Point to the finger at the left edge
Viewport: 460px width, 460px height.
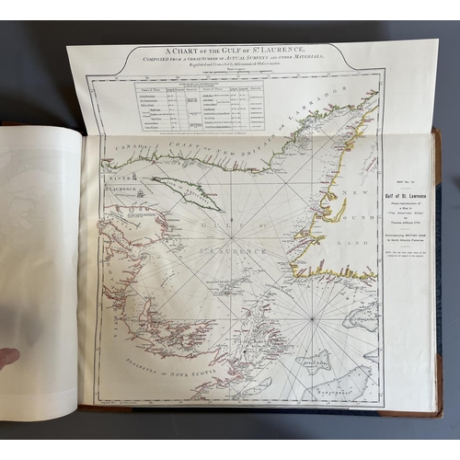tap(8, 356)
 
